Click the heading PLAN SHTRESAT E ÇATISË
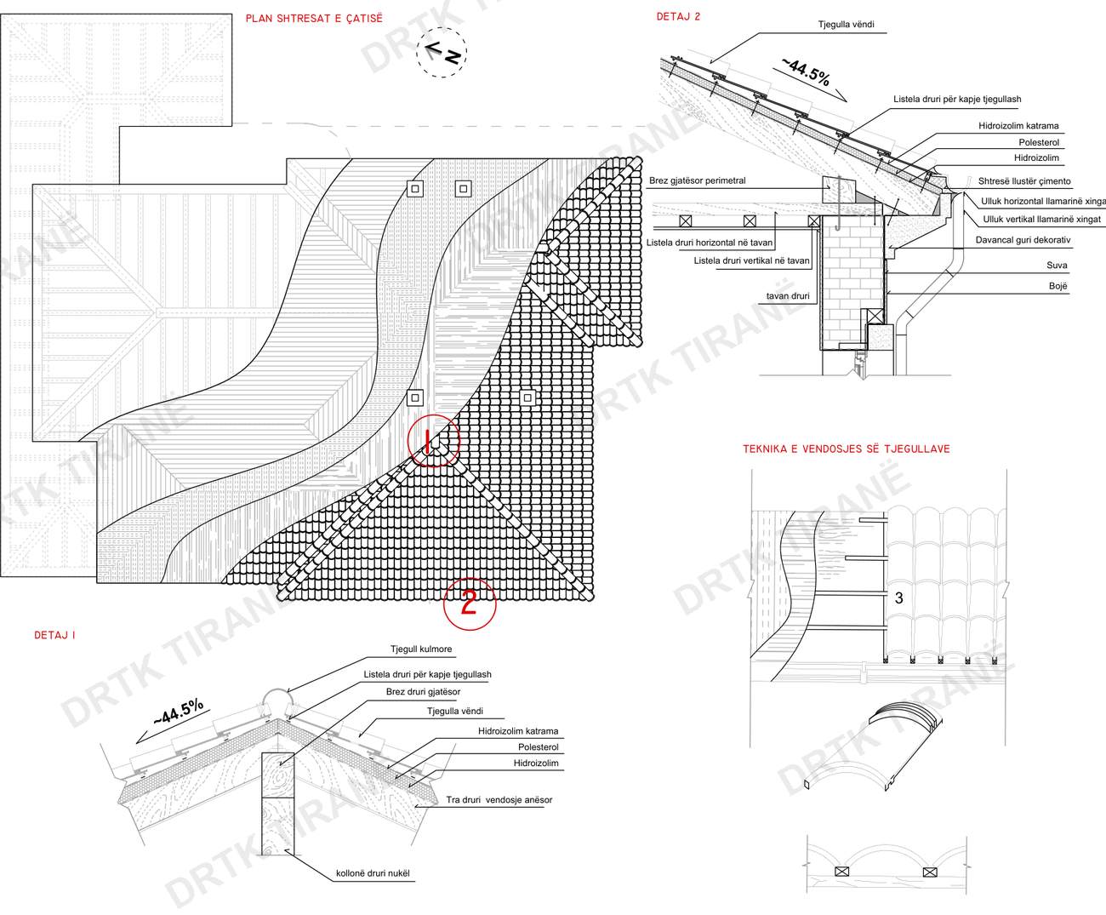[x=314, y=19]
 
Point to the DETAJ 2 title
[x=678, y=16]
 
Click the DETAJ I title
[x=54, y=635]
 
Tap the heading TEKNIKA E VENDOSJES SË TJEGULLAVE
[x=846, y=449]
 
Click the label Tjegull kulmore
[x=421, y=649]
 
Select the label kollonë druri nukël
[x=373, y=873]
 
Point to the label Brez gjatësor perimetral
[x=697, y=180]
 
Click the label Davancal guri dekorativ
[x=1023, y=240]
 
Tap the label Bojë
[x=1058, y=286]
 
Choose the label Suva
[x=1057, y=266]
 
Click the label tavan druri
[x=788, y=296]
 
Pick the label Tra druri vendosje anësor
[x=499, y=800]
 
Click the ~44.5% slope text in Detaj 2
[x=807, y=72]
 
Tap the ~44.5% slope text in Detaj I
[x=179, y=712]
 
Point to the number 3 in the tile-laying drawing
[x=899, y=598]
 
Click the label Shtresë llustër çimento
[x=1024, y=181]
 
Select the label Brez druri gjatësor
[x=423, y=692]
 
